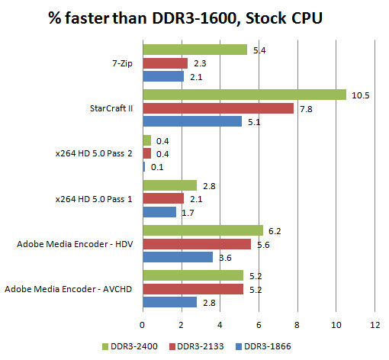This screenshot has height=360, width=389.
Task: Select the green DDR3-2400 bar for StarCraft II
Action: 244,95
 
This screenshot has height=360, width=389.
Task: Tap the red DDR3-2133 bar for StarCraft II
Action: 218,108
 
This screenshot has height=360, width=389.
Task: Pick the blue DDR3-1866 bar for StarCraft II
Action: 192,121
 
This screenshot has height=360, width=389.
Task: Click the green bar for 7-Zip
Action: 194,50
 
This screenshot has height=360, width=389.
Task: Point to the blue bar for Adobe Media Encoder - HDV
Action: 178,257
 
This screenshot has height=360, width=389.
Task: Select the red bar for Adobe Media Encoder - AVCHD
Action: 193,289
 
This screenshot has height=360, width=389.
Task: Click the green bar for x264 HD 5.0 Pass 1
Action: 169,185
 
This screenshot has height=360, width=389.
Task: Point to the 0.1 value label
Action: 157,167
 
